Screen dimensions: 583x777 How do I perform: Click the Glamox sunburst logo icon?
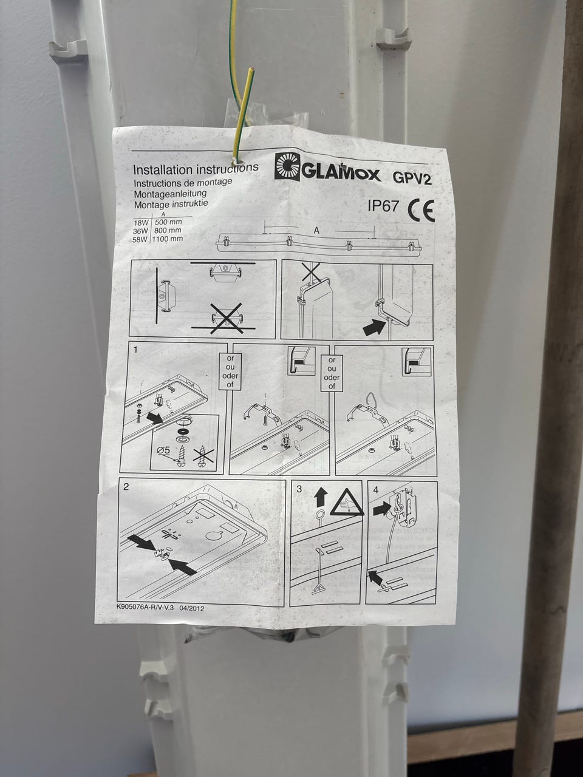[287, 168]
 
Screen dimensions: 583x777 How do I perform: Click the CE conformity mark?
[421, 211]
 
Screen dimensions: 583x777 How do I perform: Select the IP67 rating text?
[383, 206]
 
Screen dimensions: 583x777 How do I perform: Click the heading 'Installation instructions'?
[196, 168]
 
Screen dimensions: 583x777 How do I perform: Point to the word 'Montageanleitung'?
[170, 194]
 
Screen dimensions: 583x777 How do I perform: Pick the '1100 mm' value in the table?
[167, 239]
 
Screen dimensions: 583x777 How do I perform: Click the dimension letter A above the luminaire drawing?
[316, 231]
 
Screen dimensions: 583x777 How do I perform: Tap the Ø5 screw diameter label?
[163, 450]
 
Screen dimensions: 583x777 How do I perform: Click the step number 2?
[126, 486]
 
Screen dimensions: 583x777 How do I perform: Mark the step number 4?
[375, 490]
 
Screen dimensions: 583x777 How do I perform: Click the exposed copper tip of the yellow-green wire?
[251, 69]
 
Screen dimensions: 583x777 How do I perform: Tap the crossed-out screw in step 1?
[203, 454]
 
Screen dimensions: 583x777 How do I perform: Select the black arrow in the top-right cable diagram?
[374, 327]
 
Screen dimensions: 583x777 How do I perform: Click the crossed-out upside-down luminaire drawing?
[227, 318]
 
